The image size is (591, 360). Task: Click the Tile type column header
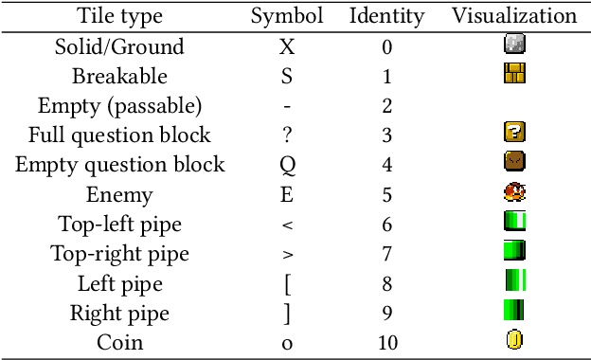(119, 16)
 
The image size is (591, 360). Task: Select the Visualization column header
(514, 16)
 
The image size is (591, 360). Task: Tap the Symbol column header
(287, 16)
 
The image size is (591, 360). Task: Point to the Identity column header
(386, 16)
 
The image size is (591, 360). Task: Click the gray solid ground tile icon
(514, 45)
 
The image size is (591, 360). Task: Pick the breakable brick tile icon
(514, 74)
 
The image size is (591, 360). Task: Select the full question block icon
(514, 134)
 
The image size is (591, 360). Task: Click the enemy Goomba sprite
(514, 193)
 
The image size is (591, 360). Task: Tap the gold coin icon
(514, 340)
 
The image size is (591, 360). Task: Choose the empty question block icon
(514, 163)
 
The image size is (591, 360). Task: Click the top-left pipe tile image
(514, 223)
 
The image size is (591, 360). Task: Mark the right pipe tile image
(514, 311)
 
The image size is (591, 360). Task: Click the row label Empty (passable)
(119, 105)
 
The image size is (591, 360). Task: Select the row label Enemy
(119, 194)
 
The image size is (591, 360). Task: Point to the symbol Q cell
(287, 165)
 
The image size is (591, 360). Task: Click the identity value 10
(386, 342)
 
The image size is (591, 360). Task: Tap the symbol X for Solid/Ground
(287, 46)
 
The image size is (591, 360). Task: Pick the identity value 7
(386, 253)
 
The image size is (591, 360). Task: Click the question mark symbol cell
(287, 135)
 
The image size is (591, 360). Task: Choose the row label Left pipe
(119, 283)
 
